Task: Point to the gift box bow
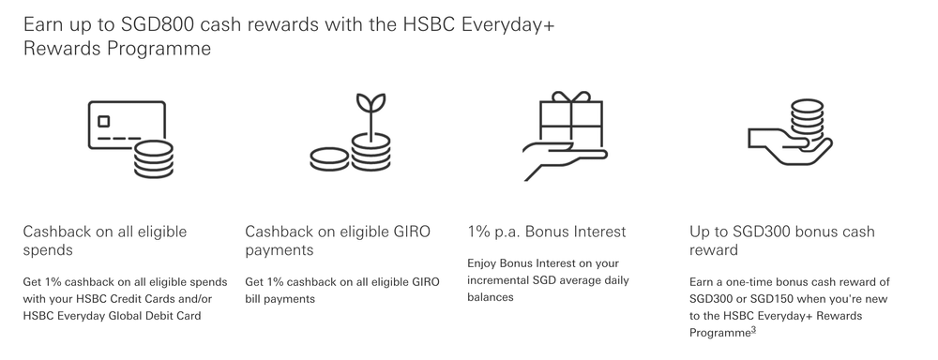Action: click(x=568, y=97)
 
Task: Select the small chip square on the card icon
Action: click(x=103, y=121)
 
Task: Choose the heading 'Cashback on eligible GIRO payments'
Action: click(x=337, y=241)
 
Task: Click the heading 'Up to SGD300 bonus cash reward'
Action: click(x=781, y=241)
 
